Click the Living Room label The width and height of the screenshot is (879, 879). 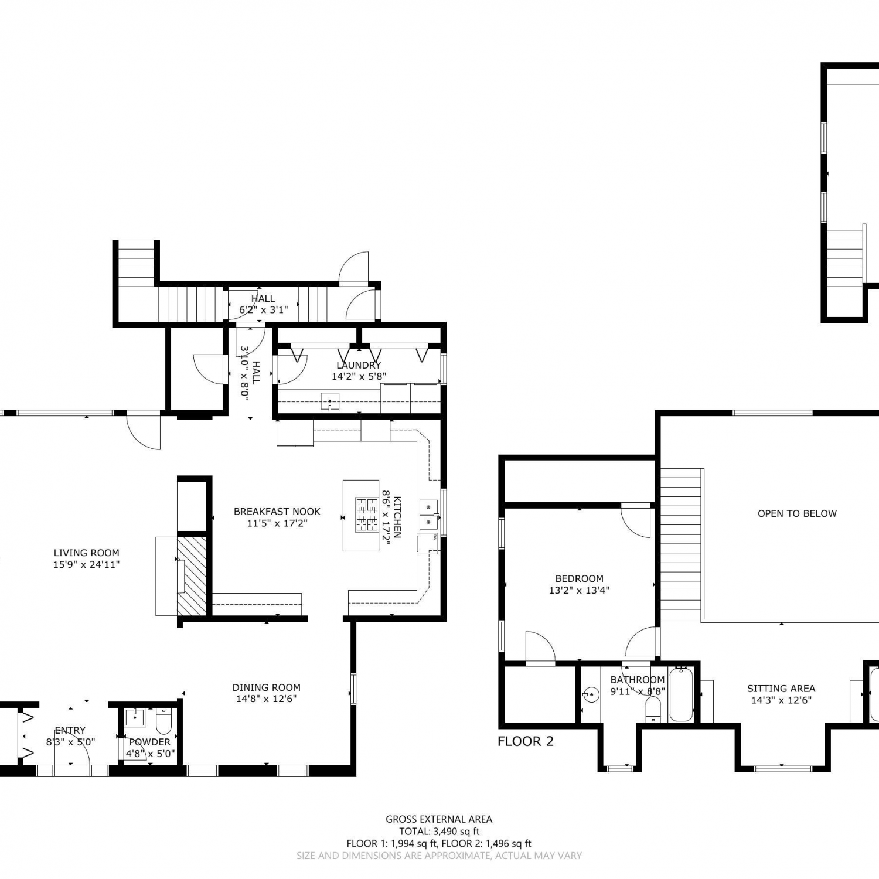point(86,553)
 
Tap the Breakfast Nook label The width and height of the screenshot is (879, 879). point(277,512)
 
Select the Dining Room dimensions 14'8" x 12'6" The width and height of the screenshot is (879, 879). point(267,699)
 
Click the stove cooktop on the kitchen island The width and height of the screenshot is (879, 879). point(367,515)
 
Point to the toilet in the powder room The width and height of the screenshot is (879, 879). point(163,721)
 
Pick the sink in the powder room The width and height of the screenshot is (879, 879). point(135,717)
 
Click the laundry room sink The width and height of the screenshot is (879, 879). point(330,401)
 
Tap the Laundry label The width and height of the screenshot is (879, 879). point(359,365)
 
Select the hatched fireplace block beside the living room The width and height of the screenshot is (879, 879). point(192,575)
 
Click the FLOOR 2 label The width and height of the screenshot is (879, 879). point(525,741)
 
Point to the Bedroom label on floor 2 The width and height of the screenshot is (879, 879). point(579,578)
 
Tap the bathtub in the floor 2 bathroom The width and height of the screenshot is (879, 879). point(681,694)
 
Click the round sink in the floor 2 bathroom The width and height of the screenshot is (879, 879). point(591,696)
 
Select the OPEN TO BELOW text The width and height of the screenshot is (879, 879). point(797,513)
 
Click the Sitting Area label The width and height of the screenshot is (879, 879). point(781,689)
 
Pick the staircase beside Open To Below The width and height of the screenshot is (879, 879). point(681,544)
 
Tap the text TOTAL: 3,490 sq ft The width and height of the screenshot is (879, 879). point(439,831)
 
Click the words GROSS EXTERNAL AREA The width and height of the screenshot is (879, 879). point(439,819)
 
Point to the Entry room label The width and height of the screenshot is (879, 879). point(70,730)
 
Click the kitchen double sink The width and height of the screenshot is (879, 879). point(429,514)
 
